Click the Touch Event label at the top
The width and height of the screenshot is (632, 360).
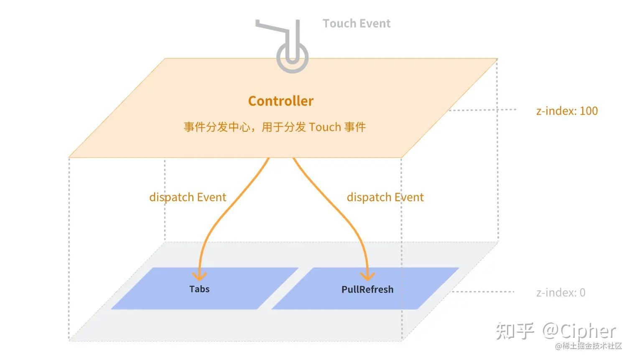(x=357, y=23)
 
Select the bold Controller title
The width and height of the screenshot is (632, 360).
(x=280, y=101)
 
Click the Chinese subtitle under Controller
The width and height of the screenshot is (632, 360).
(x=275, y=127)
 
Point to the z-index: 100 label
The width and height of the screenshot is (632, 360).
(x=567, y=111)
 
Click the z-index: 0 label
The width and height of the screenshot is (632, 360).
(x=561, y=292)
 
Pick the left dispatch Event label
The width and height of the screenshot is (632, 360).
(x=188, y=197)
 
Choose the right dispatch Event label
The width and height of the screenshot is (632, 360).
(x=385, y=197)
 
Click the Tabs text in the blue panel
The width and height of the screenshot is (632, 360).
(x=199, y=289)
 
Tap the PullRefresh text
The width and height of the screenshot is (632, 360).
(x=367, y=289)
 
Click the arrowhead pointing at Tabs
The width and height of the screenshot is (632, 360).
(x=199, y=276)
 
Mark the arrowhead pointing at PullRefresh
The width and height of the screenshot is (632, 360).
(x=367, y=276)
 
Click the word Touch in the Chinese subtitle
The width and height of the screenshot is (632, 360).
(x=325, y=127)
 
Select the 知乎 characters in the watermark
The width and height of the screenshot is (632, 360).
(x=515, y=331)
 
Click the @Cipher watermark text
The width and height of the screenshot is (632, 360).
(x=579, y=331)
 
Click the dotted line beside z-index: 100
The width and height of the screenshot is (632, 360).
(x=483, y=110)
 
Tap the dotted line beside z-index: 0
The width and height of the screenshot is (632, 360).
(x=483, y=291)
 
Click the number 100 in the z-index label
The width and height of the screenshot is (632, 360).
(x=589, y=111)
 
